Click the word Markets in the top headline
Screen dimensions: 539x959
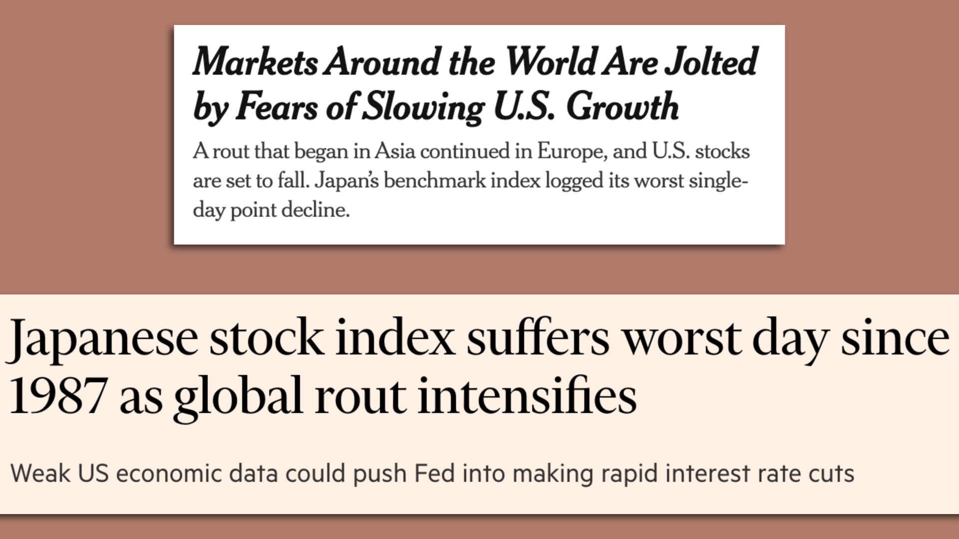255,62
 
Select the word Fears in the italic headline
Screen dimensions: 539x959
276,107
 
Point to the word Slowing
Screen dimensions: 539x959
423,107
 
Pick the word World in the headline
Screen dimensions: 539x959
549,62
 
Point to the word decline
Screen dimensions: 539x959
315,210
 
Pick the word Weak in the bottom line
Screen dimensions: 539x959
40,473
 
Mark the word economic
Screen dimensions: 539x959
168,473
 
